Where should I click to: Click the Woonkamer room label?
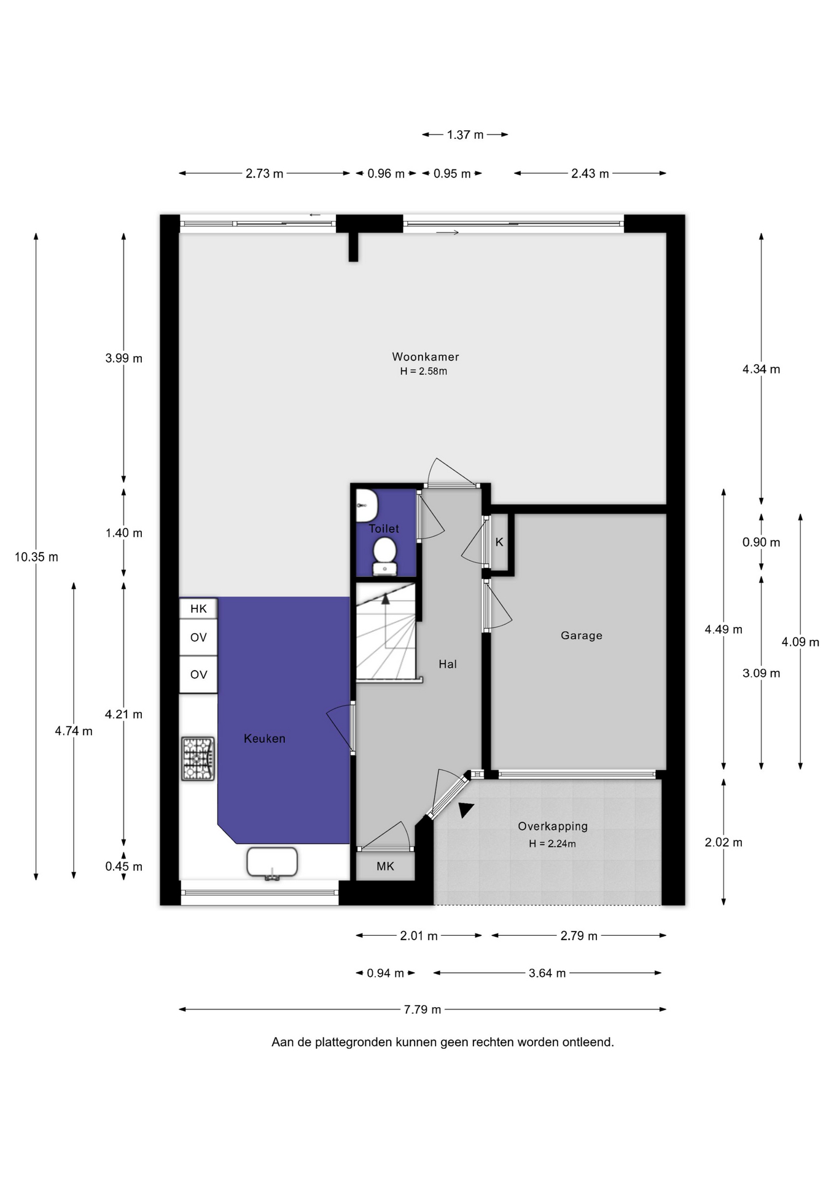[x=426, y=357]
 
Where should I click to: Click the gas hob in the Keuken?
[x=198, y=758]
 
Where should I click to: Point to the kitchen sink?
[x=272, y=863]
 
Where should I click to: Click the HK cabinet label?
[x=198, y=609]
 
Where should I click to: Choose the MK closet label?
[x=385, y=866]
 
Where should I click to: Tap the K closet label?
[x=499, y=542]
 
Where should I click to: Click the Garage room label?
[x=581, y=636]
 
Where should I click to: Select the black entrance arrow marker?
[x=466, y=810]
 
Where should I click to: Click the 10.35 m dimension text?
[x=36, y=557]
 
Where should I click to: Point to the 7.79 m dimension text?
[x=423, y=1009]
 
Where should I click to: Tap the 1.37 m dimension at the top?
[x=465, y=134]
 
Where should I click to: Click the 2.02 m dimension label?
[x=723, y=842]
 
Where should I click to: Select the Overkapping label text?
[x=553, y=827]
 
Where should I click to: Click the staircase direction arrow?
[x=386, y=620]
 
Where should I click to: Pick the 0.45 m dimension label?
[x=123, y=866]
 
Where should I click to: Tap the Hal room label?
[x=448, y=664]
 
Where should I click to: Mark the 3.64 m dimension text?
[x=547, y=973]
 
